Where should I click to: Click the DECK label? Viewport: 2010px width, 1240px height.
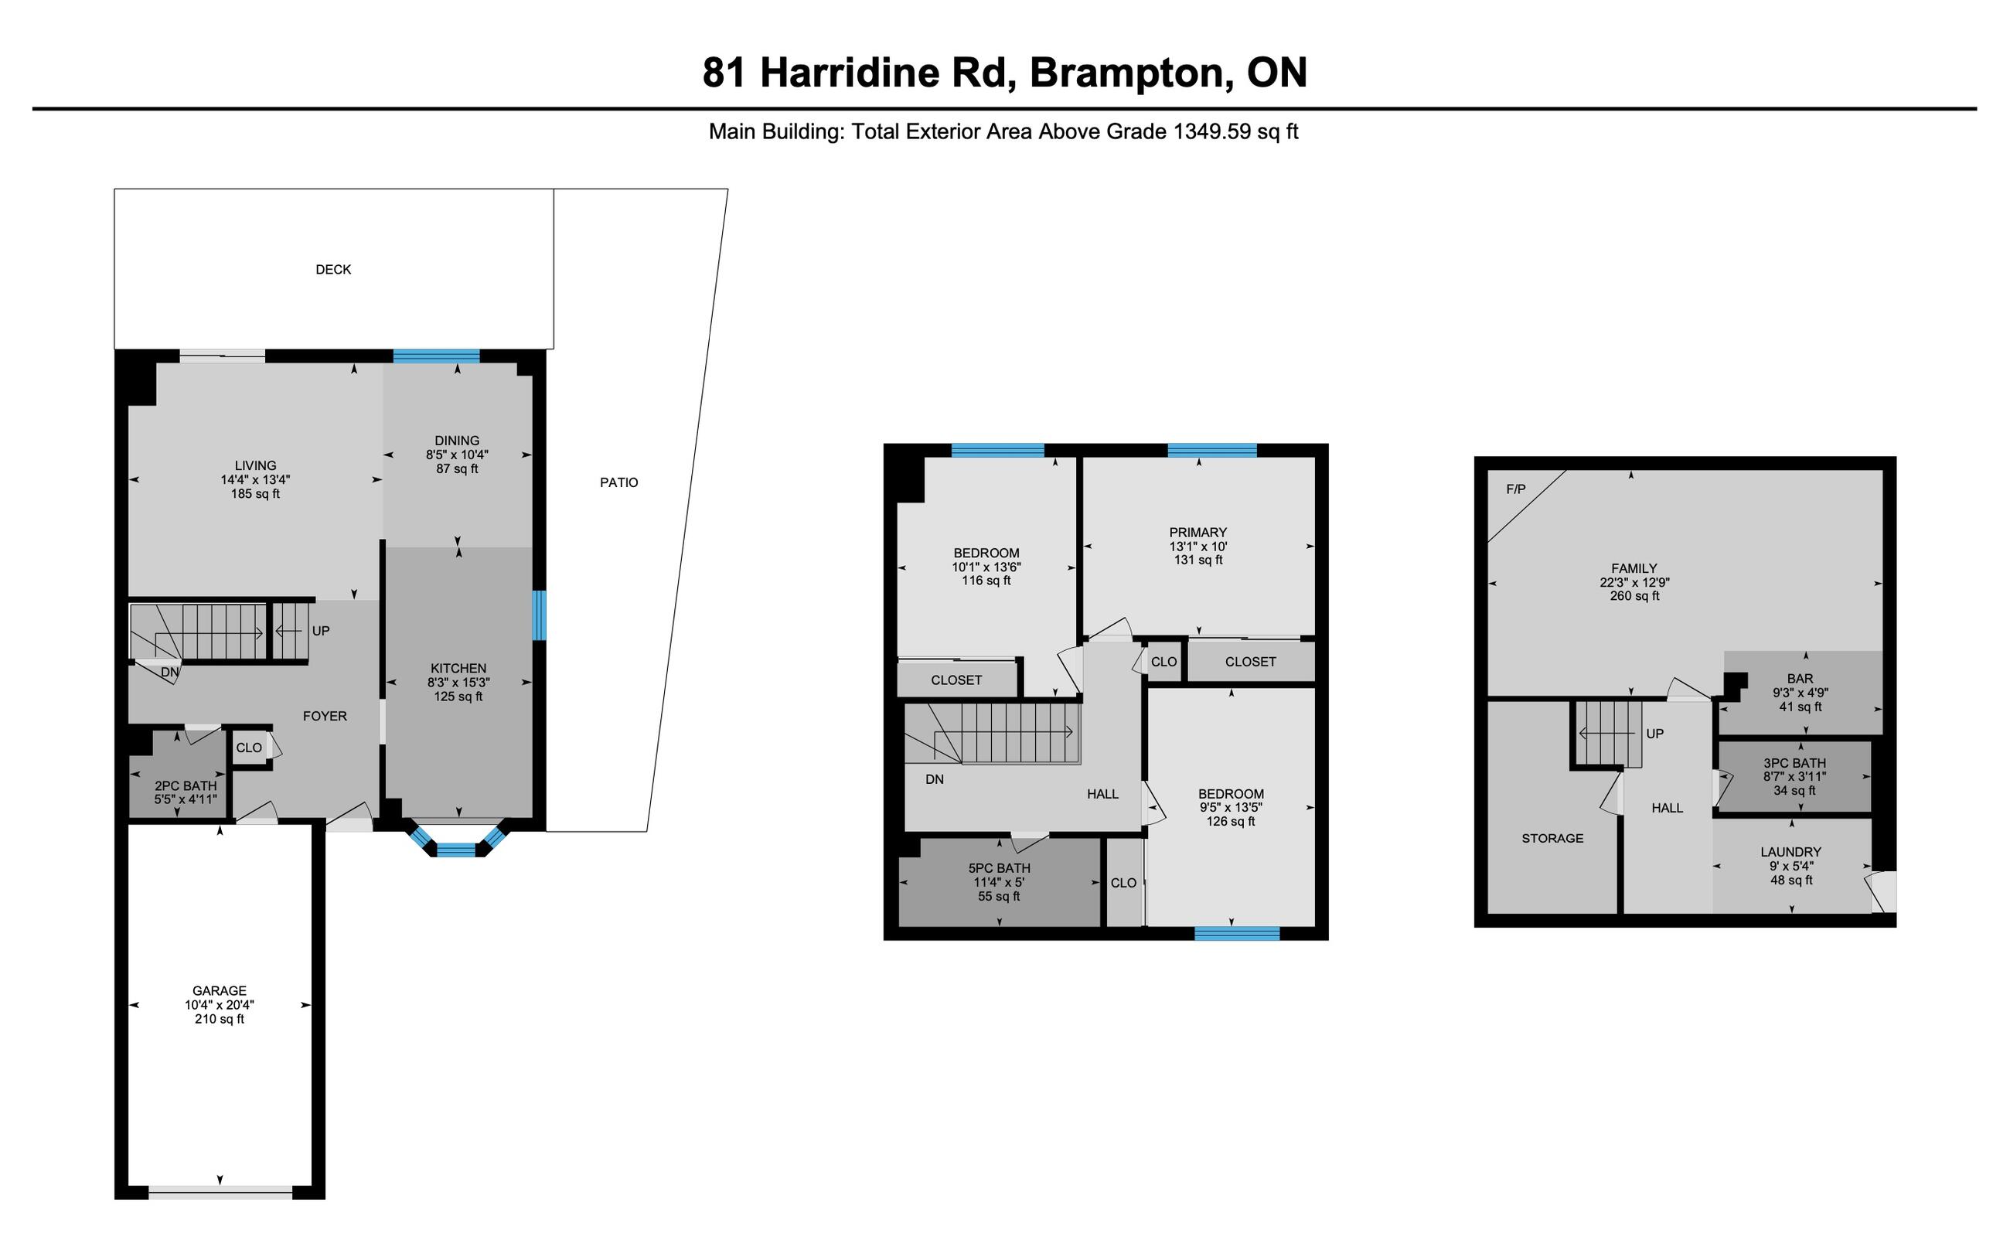point(333,269)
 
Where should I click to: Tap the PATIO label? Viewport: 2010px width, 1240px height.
point(618,482)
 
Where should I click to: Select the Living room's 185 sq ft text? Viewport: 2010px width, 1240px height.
point(255,494)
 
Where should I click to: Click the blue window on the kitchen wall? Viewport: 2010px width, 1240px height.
point(539,615)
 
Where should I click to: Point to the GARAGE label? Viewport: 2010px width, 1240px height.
point(219,991)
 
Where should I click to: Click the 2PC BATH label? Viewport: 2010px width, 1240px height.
point(186,785)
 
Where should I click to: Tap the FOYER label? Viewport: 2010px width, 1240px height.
point(325,716)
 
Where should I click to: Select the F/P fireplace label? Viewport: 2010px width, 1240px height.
point(1515,489)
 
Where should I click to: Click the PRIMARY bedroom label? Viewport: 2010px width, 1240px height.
point(1198,532)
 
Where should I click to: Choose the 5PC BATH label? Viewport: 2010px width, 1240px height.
point(999,867)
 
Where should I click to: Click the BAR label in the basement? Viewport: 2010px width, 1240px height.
point(1800,679)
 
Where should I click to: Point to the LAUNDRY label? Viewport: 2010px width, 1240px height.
point(1790,852)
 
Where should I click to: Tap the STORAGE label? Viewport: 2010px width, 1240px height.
point(1552,838)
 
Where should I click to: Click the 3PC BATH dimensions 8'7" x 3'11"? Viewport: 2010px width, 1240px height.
point(1795,776)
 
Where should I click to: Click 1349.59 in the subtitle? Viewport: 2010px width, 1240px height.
point(1211,131)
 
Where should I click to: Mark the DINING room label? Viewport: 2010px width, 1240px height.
point(457,441)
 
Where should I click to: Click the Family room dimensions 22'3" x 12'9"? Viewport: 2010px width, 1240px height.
point(1634,582)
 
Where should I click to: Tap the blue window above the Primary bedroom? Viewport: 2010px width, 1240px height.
point(1212,450)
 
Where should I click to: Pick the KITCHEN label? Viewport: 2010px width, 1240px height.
point(458,669)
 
